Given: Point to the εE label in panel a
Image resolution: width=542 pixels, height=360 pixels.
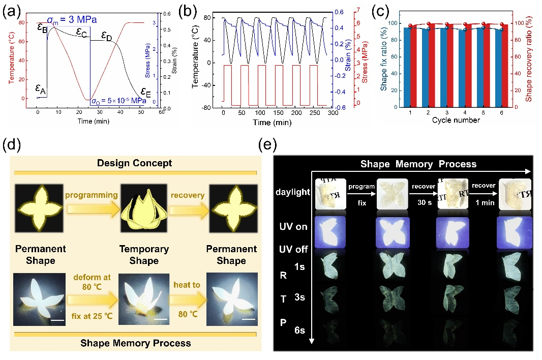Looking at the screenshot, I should coord(146,93).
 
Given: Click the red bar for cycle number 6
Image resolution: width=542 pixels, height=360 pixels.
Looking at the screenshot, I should coord(504,66).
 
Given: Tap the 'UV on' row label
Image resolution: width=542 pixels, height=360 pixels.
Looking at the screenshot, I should coord(294,227).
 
